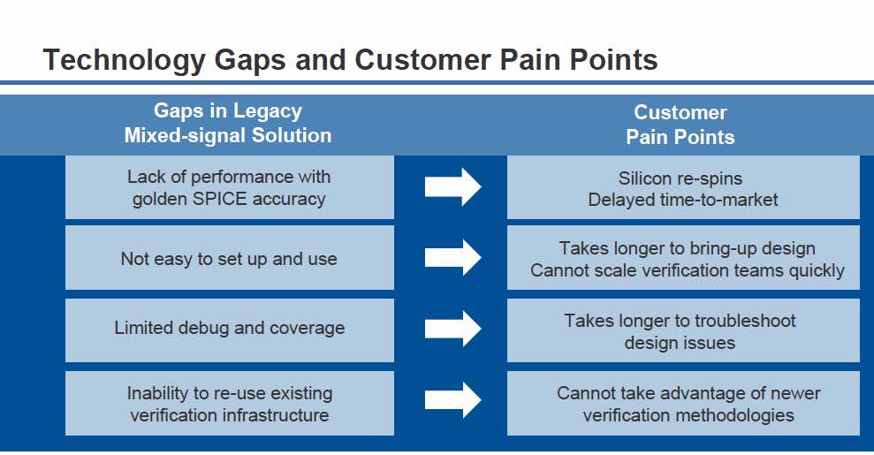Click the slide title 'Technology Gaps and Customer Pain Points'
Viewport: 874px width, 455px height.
pyautogui.click(x=350, y=60)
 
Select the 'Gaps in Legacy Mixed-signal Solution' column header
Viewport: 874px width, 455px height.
pyautogui.click(x=228, y=123)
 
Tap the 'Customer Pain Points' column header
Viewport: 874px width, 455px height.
pyautogui.click(x=680, y=125)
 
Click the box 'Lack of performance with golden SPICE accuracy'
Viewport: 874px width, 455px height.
pyautogui.click(x=230, y=187)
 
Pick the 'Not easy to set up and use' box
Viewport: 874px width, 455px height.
pyautogui.click(x=230, y=258)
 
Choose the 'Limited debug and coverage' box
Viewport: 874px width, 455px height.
pyautogui.click(x=230, y=330)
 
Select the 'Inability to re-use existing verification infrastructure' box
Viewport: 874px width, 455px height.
pyautogui.click(x=230, y=403)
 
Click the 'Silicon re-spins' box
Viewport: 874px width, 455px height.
pyautogui.click(x=683, y=187)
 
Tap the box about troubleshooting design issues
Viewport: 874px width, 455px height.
pyautogui.click(x=683, y=330)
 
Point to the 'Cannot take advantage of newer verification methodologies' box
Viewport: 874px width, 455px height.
pyautogui.click(x=683, y=403)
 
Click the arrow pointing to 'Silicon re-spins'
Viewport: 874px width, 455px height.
pyautogui.click(x=452, y=187)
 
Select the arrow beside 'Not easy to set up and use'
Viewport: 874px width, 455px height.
pyautogui.click(x=452, y=257)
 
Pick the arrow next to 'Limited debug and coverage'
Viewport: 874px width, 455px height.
pyautogui.click(x=452, y=329)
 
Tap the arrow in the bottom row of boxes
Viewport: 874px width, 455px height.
pyautogui.click(x=452, y=400)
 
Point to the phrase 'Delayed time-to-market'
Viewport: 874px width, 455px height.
pyautogui.click(x=683, y=200)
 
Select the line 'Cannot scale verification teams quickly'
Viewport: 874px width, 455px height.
pyautogui.click(x=688, y=270)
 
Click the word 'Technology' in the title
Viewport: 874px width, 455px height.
pyautogui.click(x=125, y=60)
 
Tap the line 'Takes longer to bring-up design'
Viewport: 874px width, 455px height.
pyautogui.click(x=688, y=248)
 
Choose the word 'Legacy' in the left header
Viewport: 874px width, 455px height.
pyautogui.click(x=268, y=110)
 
